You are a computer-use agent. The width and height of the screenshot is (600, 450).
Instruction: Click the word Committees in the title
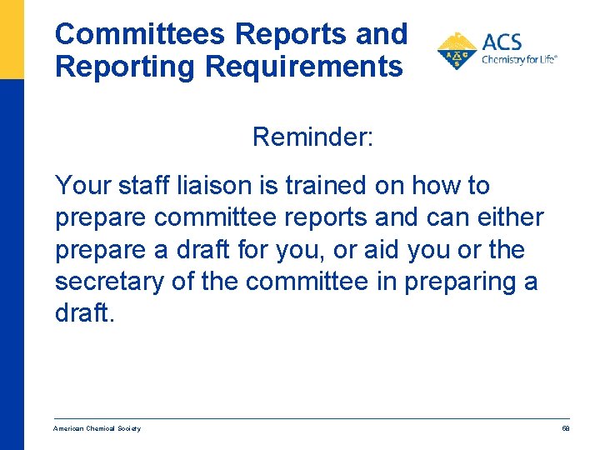pyautogui.click(x=140, y=34)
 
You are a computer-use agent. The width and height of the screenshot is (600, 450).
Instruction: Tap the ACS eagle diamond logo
pyautogui.click(x=457, y=52)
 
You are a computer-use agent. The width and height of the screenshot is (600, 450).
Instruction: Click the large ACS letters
pyautogui.click(x=502, y=42)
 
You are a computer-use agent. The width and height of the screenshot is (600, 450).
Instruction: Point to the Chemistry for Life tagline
pyautogui.click(x=518, y=59)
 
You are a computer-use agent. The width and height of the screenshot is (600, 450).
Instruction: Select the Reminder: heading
pyautogui.click(x=313, y=137)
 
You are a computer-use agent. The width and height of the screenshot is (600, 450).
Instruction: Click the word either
pyautogui.click(x=507, y=217)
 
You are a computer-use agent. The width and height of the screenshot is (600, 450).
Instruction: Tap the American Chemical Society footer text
pyautogui.click(x=97, y=428)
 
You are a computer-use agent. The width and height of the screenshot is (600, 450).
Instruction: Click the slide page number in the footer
pyautogui.click(x=565, y=428)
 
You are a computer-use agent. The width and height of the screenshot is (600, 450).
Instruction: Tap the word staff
pyautogui.click(x=146, y=185)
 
